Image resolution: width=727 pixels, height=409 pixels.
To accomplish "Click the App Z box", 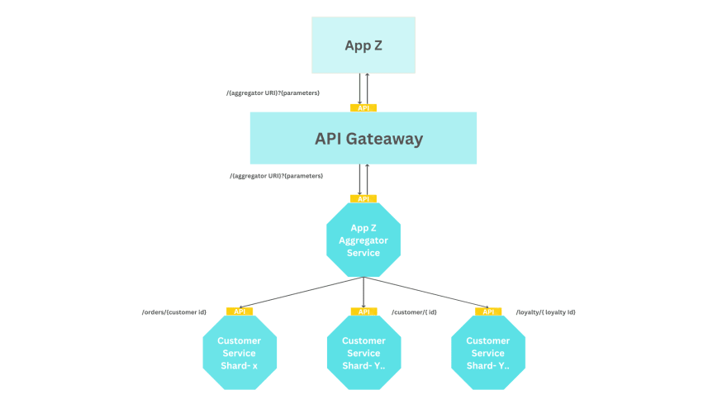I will tap(363, 45).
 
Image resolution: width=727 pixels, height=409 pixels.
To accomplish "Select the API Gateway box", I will tap(363, 138).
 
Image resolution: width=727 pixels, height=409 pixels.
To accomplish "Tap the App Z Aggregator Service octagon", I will tap(363, 240).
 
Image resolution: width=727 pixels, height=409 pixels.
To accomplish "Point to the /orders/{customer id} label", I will tap(174, 312).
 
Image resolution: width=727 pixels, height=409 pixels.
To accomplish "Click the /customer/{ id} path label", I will tap(414, 312).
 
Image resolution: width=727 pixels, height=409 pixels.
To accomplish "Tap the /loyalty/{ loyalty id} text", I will tap(545, 312).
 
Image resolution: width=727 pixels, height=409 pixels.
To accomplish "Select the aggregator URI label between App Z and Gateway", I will tap(273, 93).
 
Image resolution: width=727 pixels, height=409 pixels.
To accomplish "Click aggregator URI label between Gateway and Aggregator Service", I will tap(276, 176).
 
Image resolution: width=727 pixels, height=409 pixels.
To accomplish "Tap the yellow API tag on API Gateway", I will tap(363, 108).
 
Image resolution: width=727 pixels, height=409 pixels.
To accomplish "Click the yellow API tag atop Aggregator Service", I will tap(363, 199).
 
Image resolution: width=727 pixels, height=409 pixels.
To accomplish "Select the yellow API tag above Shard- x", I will tap(240, 312).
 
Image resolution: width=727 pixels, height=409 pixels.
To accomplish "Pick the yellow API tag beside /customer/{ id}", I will tap(363, 312).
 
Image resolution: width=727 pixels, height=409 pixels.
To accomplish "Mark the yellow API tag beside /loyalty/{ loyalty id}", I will tap(488, 312).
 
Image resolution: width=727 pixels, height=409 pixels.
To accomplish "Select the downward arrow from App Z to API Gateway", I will tap(360, 88).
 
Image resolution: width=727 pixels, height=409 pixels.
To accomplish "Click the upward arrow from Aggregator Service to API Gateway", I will tap(368, 179).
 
